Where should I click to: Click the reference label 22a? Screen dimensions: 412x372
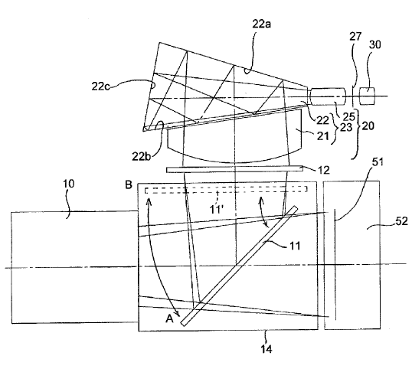click(x=261, y=24)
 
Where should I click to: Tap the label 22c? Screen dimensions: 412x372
click(x=100, y=86)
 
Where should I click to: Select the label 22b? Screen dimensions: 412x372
click(x=142, y=156)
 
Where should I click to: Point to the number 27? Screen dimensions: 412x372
click(x=355, y=37)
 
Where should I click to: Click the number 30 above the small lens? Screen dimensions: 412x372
click(x=374, y=44)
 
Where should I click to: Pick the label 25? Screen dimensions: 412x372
click(x=348, y=116)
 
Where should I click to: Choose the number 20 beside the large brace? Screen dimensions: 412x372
click(x=368, y=126)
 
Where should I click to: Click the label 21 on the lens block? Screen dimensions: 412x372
click(x=322, y=136)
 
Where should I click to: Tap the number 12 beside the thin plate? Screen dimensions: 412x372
click(x=323, y=171)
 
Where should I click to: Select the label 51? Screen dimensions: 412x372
click(x=378, y=162)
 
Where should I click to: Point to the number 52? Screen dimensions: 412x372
click(x=402, y=221)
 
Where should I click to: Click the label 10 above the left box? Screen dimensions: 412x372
click(x=69, y=184)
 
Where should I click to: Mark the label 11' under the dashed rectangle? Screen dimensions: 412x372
click(x=216, y=210)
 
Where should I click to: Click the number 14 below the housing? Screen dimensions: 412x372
click(x=266, y=349)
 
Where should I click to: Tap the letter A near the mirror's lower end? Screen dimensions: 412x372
click(x=170, y=318)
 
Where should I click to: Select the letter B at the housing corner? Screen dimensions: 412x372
click(x=129, y=185)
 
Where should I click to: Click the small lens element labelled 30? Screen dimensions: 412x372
click(x=367, y=96)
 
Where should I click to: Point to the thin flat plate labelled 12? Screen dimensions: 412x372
click(x=234, y=169)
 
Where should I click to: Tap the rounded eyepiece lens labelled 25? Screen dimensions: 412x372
click(x=328, y=96)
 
